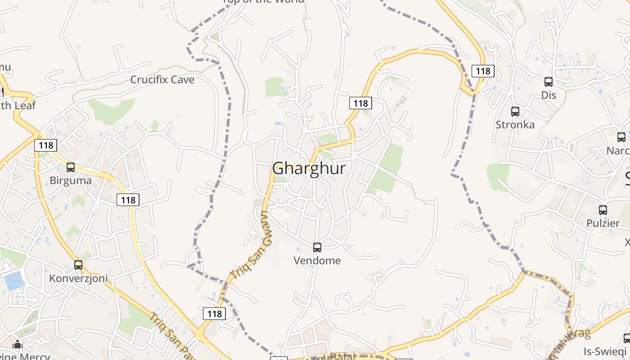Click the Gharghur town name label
309,168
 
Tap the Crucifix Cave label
162,80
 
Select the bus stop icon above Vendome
317,247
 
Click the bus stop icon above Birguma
71,167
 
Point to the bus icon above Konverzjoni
78,265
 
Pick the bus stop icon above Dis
549,81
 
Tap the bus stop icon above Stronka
515,111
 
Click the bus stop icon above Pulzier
603,210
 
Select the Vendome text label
317,261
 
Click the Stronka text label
515,125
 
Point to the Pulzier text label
603,223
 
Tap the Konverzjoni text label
78,279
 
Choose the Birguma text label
71,180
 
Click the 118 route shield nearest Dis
483,71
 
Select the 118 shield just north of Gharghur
360,103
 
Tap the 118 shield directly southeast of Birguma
128,200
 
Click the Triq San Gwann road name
252,245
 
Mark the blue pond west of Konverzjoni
14,281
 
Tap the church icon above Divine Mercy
18,345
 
